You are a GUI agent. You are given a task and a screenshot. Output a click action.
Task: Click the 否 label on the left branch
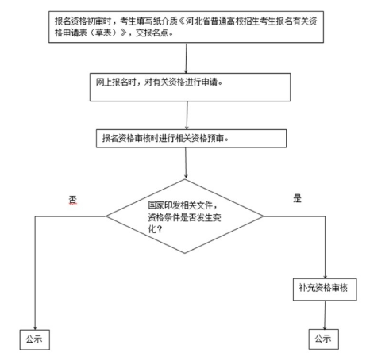[x=73, y=200]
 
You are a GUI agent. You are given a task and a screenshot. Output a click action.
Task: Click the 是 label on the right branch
[x=297, y=198]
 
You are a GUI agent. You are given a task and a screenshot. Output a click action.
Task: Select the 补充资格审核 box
[x=325, y=289]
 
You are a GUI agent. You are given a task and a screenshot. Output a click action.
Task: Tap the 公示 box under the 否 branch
[x=35, y=339]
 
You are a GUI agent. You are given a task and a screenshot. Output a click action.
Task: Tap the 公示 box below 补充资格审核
[x=323, y=339]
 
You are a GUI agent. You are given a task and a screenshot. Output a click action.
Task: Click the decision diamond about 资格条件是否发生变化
[x=185, y=216]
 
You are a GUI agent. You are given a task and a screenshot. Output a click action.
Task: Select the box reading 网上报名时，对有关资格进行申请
[x=190, y=87]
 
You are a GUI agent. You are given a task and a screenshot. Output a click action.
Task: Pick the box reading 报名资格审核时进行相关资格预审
[x=191, y=139]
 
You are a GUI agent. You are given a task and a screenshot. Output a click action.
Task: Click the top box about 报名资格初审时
[x=186, y=27]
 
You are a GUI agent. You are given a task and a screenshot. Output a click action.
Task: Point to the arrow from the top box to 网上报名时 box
[x=186, y=58]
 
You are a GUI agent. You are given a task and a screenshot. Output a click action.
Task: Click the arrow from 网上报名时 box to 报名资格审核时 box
[x=187, y=115]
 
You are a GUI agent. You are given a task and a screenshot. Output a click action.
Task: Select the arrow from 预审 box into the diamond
[x=186, y=163]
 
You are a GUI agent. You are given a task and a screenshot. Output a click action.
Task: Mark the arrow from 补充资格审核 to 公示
[x=325, y=315]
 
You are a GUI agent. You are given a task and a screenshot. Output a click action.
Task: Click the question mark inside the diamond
[x=160, y=228]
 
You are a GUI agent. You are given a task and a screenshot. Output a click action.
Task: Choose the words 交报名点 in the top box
[x=152, y=33]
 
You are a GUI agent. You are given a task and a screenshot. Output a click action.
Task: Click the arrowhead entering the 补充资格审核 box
[x=325, y=277]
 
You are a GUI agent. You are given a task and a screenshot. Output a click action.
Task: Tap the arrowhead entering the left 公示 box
[x=35, y=327]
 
